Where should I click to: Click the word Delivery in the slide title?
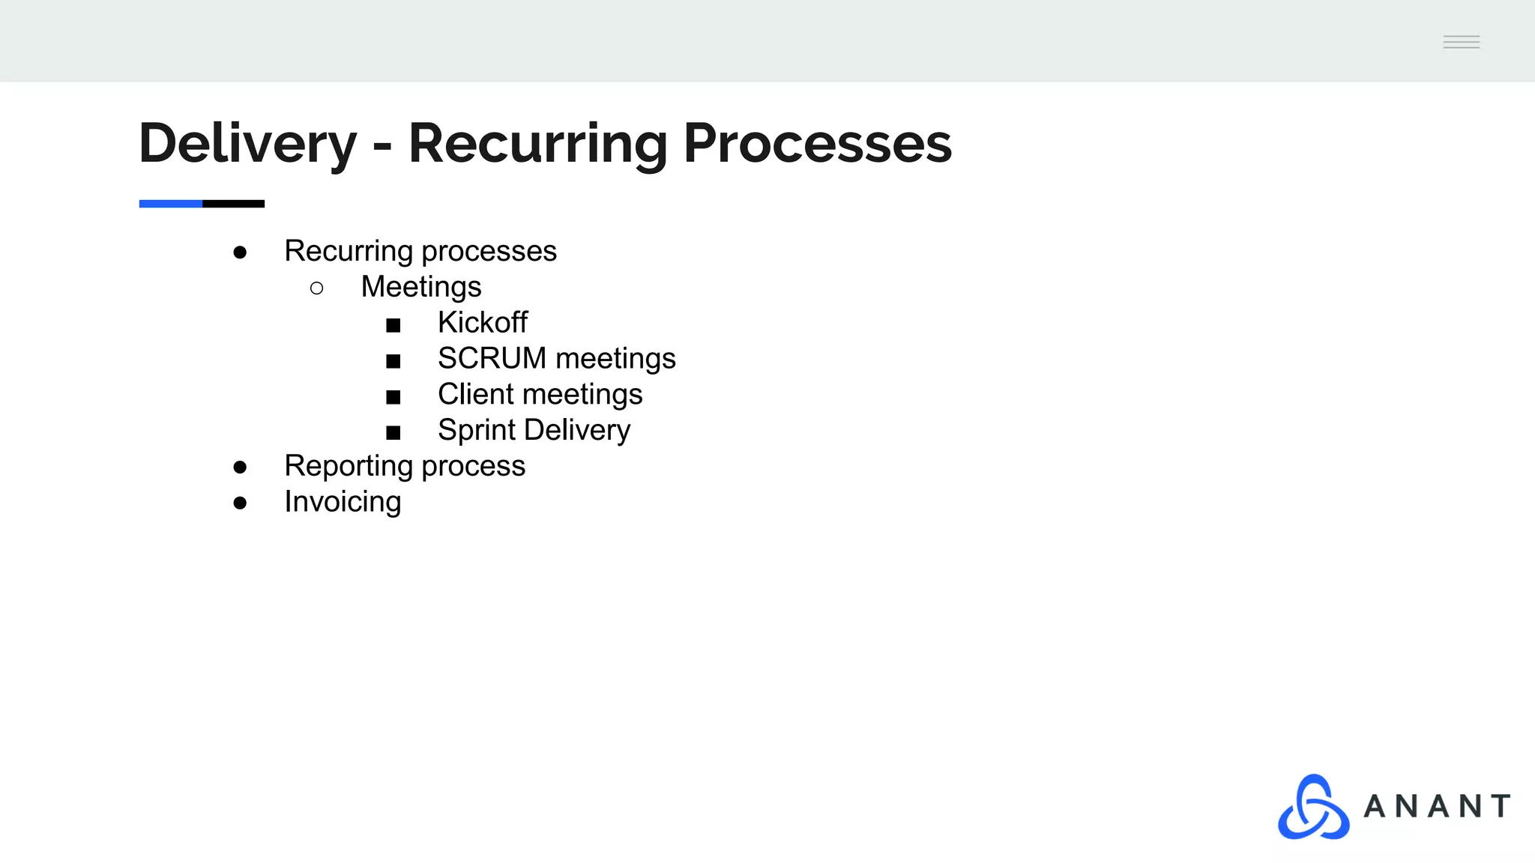tap(247, 143)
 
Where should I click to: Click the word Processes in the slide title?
tap(817, 143)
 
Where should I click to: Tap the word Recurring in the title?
tap(537, 143)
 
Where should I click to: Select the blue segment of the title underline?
tap(171, 204)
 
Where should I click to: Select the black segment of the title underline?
tap(234, 204)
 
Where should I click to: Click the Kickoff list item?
tap(483, 323)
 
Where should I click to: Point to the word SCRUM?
tap(492, 359)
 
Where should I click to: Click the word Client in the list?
tap(475, 395)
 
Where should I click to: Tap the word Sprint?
tap(476, 431)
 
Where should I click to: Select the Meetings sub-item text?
tap(421, 287)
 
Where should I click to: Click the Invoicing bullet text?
tap(343, 502)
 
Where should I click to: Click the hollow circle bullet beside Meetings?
tap(316, 288)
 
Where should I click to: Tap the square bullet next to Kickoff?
tap(393, 325)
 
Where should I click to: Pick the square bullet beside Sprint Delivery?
tap(393, 433)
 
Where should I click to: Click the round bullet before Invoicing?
tap(240, 503)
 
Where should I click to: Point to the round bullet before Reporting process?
tap(240, 467)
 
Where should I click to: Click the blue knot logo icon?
tap(1313, 807)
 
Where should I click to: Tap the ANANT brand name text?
tap(1437, 807)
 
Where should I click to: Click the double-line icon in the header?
tap(1462, 42)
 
